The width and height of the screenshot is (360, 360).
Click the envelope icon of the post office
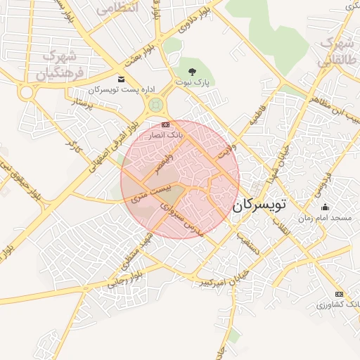122,79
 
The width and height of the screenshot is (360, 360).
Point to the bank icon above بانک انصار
165,124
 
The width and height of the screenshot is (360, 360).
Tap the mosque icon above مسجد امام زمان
325,207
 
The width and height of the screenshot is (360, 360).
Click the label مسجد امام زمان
324,219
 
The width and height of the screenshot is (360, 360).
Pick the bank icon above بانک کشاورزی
340,294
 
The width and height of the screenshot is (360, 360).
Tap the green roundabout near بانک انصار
155,105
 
